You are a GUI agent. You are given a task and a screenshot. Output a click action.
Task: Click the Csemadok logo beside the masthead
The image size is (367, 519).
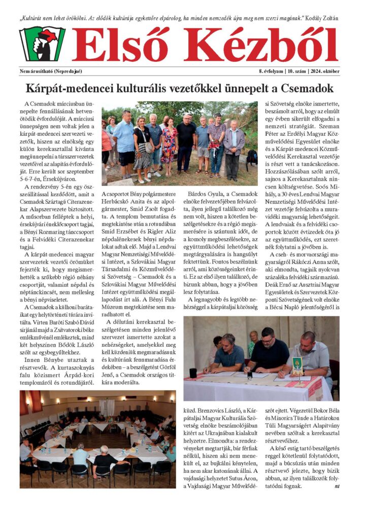(x=42, y=44)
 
